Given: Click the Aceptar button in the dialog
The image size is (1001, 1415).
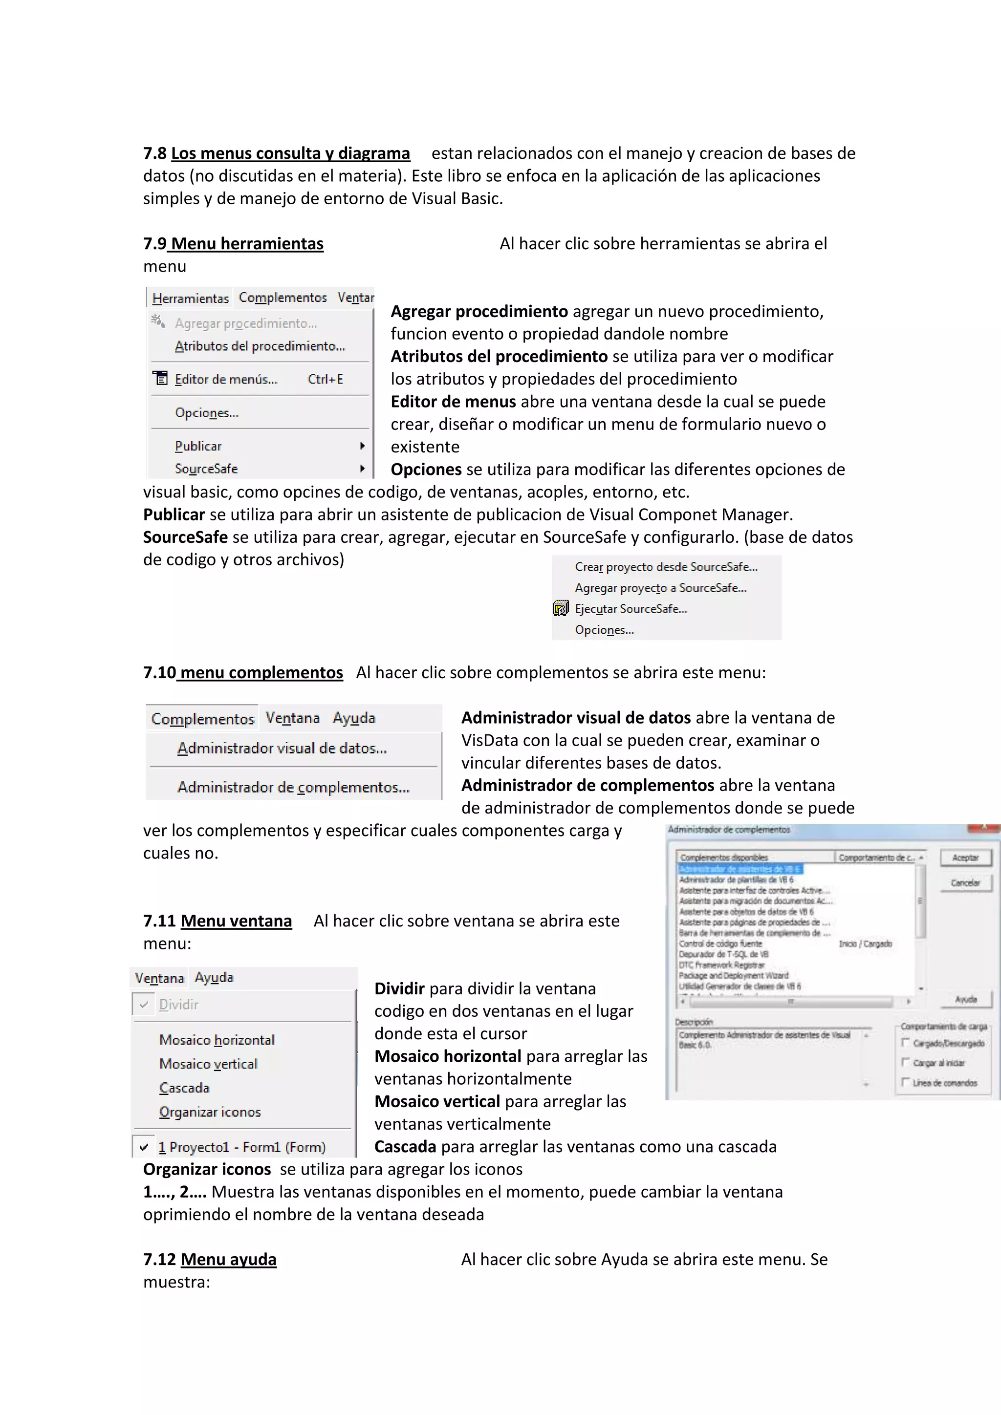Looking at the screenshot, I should [x=965, y=858].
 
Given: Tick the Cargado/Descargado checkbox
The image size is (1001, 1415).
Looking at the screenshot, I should [x=906, y=1043].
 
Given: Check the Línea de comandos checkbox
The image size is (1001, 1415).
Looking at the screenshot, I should [x=906, y=1082].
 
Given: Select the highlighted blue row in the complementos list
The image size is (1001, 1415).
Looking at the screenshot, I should [x=740, y=869].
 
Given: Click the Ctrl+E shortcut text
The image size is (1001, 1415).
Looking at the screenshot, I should [x=326, y=379].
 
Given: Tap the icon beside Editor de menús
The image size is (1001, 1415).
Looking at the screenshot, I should [x=160, y=378].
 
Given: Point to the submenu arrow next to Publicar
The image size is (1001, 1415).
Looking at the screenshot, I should [x=363, y=446].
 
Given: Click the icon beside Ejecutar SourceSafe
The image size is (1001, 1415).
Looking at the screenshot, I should [x=560, y=609].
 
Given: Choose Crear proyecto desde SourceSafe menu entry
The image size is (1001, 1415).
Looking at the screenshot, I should [x=666, y=567].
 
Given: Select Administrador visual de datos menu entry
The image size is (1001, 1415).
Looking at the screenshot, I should [x=282, y=748].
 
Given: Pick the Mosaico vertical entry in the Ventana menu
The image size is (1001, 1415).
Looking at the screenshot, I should [x=208, y=1064].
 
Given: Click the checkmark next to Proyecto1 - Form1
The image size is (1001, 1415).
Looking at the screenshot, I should [x=144, y=1147].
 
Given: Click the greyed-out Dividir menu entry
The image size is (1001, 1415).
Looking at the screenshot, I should [x=179, y=1005].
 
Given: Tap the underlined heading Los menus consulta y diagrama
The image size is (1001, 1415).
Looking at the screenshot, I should [x=290, y=153].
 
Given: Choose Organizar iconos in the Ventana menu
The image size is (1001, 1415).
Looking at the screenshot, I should [x=210, y=1112].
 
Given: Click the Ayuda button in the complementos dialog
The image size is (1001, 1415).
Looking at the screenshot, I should [x=965, y=999].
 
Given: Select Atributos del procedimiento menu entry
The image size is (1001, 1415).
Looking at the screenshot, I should [x=260, y=346].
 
